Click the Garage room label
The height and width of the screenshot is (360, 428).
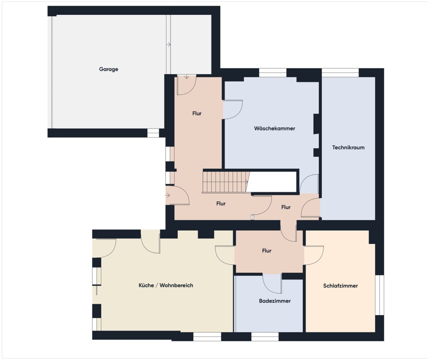(x=108, y=69)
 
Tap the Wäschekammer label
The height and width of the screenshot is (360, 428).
(x=275, y=128)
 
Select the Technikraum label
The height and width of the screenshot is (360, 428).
(x=348, y=148)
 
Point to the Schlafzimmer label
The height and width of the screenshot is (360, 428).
(x=340, y=286)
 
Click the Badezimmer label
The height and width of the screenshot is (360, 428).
(x=275, y=301)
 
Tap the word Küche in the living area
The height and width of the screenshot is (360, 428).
(x=146, y=285)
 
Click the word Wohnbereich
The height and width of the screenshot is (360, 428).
(x=176, y=285)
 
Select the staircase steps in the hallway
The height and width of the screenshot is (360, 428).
(x=226, y=182)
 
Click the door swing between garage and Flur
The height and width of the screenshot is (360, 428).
(x=186, y=85)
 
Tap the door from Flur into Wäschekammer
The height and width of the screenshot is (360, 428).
(x=233, y=109)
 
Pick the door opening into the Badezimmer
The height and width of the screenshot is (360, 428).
(x=272, y=284)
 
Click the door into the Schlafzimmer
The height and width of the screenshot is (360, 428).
(x=314, y=255)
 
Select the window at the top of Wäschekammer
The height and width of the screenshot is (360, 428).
(x=273, y=73)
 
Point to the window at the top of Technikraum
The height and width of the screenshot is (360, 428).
(x=340, y=73)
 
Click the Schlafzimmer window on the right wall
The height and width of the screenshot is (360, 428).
(x=379, y=295)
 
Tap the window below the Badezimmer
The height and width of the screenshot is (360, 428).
(x=265, y=337)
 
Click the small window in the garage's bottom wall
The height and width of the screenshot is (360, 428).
(x=153, y=133)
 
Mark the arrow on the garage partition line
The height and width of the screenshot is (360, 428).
(x=168, y=44)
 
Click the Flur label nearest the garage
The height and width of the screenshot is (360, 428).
(x=197, y=113)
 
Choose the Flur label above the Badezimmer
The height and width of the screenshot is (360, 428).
(x=267, y=251)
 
